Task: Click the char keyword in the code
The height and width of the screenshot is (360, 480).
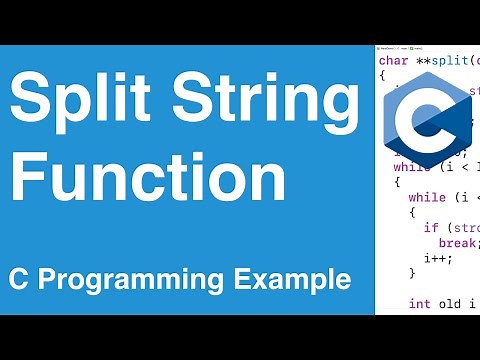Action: point(392,61)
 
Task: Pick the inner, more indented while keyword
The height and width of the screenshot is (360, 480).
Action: point(427,197)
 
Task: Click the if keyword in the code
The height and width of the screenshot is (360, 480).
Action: point(431,227)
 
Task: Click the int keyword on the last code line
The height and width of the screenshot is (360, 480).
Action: point(420,302)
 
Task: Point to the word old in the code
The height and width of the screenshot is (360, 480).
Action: point(447,302)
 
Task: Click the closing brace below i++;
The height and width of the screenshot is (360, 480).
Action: point(412,272)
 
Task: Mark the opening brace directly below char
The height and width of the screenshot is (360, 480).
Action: point(382,75)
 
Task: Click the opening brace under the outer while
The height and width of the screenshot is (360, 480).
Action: point(397,183)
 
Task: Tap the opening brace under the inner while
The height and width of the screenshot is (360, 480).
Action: point(412,212)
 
